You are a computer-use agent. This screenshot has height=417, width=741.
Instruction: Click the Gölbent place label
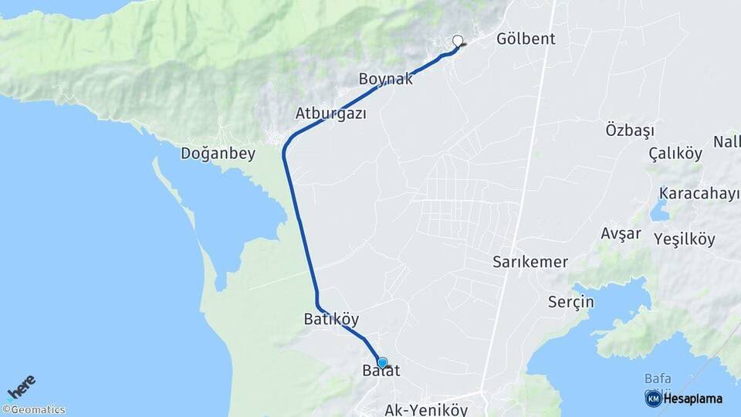(526, 39)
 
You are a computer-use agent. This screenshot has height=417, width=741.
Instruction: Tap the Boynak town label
(386, 79)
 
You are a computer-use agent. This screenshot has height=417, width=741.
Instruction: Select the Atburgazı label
(330, 114)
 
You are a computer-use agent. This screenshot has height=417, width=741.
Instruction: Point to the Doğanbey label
(218, 153)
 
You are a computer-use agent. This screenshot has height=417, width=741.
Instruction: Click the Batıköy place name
(331, 319)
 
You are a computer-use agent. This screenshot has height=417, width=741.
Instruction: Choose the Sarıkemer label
(530, 262)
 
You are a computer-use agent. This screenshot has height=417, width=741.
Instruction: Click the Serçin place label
(571, 301)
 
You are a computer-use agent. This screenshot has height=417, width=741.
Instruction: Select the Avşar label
(621, 233)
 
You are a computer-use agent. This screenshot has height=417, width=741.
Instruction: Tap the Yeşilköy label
(685, 239)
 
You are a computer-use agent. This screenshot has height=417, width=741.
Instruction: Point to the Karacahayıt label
(699, 193)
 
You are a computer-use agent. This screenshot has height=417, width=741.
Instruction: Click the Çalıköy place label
(675, 153)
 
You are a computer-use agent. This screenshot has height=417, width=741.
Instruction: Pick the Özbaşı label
(630, 129)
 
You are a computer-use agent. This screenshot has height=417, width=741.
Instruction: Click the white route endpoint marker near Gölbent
(458, 41)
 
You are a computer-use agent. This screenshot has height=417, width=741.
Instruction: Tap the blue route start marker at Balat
(382, 362)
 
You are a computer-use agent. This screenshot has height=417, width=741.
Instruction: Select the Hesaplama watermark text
(694, 398)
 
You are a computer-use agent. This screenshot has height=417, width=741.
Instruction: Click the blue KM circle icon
(653, 398)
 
